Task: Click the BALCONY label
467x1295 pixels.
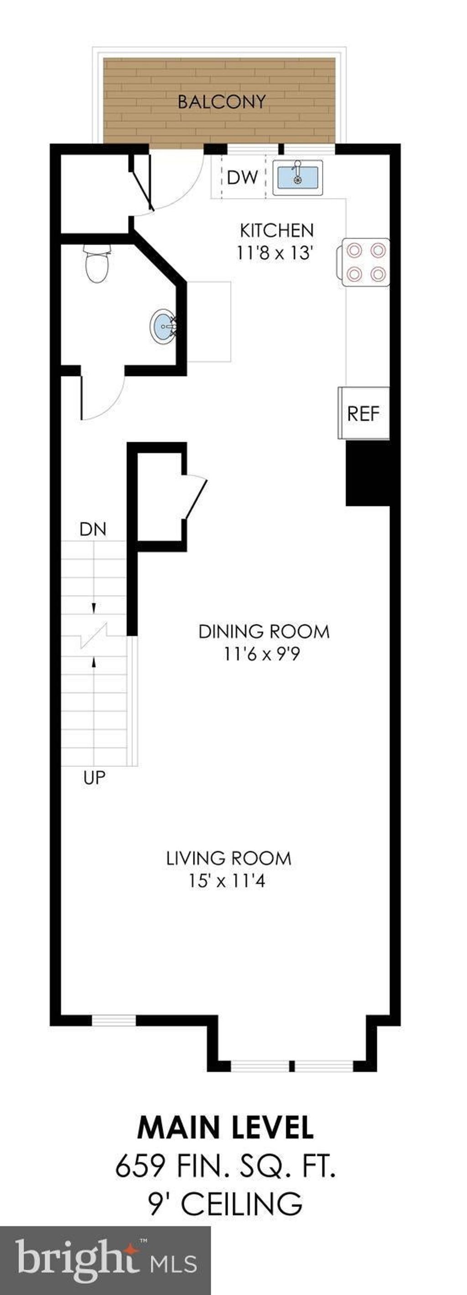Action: (221, 102)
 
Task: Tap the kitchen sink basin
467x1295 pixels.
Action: (298, 177)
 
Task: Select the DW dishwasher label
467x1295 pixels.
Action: (242, 177)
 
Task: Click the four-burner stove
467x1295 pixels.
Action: (365, 262)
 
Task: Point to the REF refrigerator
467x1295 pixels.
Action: (363, 413)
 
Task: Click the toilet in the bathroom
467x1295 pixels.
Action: (97, 263)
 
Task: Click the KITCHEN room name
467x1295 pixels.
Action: (276, 231)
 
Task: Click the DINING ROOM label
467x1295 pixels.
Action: (264, 631)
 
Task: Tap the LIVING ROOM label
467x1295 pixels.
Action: (229, 858)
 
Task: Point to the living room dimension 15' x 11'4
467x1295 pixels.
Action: (227, 881)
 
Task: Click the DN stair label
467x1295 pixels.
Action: (93, 530)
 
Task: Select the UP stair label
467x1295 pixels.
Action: (94, 778)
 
